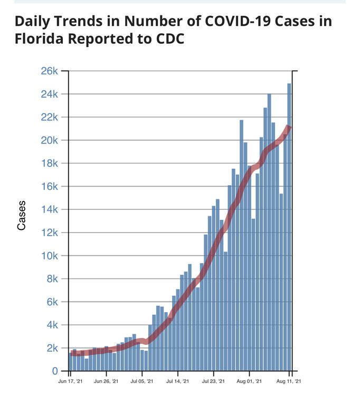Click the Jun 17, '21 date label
coord(70,380)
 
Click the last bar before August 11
coord(285,253)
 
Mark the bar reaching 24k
coord(269,232)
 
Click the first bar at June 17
coord(70,362)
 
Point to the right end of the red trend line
coord(290,127)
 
